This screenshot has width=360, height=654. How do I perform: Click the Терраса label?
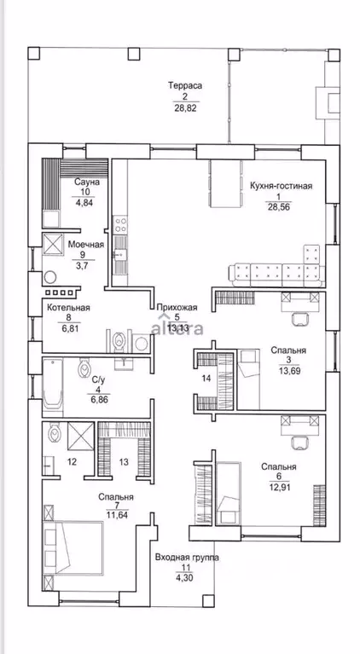pos(185,86)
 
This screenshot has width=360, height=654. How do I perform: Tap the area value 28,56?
pos(277,206)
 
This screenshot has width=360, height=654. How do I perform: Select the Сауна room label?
pos(87,182)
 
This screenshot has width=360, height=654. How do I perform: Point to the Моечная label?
pos(86,245)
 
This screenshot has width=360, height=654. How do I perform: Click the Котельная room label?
pos(68,308)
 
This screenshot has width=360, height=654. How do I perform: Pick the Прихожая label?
pos(177,308)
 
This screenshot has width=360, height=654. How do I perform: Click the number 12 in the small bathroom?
pos(73,461)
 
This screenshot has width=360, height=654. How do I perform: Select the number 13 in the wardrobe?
pos(124,461)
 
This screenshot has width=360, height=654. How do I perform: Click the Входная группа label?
pos(187,558)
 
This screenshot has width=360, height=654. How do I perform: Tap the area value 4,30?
pos(186,578)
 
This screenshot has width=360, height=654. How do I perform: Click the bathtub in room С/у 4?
pos(53,385)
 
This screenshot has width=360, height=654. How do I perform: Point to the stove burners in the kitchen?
pos(121,224)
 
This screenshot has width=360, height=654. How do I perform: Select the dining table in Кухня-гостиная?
pos(226,183)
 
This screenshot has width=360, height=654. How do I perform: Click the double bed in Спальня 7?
pos(73,547)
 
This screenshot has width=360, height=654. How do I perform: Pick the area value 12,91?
pos(279,486)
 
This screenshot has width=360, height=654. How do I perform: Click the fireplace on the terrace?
pos(328,102)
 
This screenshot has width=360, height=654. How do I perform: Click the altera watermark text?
pos(177,327)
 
